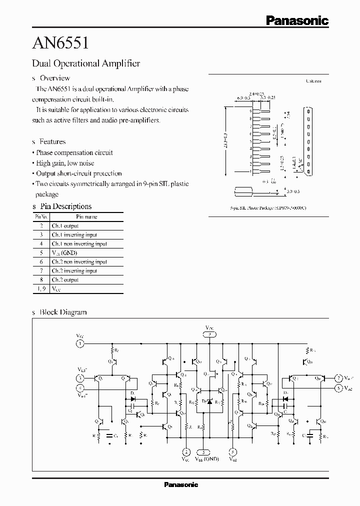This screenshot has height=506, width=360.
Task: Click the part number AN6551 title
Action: point(60,43)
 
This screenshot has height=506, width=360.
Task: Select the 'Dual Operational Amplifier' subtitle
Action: point(85,63)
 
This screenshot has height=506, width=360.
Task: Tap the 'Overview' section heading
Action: point(54,78)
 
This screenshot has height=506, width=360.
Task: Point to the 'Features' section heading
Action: point(52,141)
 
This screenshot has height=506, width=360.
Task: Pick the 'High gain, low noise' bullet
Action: point(65,163)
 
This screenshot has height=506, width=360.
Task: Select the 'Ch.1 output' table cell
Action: point(65,226)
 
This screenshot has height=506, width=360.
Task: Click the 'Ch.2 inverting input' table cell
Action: point(74,271)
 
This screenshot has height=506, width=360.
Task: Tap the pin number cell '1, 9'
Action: point(41,289)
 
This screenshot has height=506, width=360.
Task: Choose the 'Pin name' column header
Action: point(86,217)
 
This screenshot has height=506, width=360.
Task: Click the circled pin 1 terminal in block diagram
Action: point(80,343)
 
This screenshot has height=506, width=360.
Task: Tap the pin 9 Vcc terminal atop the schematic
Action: point(210,334)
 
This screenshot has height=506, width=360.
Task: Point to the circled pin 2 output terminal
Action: point(186,451)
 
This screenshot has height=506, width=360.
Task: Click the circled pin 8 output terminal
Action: point(232,451)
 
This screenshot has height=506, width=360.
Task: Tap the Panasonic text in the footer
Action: point(181,484)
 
